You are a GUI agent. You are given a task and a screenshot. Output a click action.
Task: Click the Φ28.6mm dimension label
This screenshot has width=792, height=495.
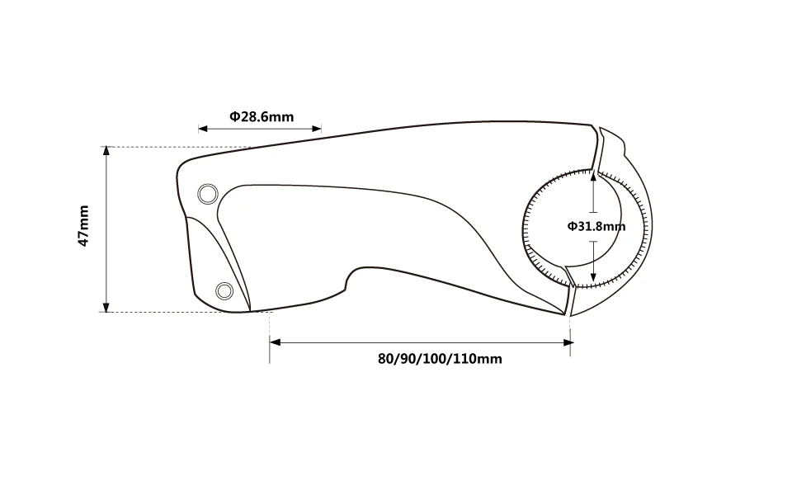[x=262, y=116]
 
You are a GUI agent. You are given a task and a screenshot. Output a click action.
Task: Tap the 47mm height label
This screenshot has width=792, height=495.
[x=83, y=226]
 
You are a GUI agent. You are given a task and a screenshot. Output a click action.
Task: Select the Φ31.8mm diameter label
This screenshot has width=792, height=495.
[x=596, y=226]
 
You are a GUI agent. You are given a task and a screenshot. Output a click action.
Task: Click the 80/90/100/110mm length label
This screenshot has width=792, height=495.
[x=440, y=359]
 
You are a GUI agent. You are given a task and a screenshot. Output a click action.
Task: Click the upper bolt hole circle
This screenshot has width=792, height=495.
[x=208, y=194]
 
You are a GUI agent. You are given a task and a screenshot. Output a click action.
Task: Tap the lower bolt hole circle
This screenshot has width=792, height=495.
[x=224, y=291]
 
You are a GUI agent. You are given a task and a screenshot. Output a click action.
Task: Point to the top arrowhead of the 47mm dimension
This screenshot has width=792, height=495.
[x=106, y=152]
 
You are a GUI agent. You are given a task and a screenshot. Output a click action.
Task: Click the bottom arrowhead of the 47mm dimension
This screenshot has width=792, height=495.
[x=106, y=307]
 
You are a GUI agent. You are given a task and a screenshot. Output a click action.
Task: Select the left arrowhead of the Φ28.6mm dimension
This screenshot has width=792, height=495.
[x=203, y=129]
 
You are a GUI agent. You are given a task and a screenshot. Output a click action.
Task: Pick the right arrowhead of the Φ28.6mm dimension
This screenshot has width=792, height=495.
[x=317, y=129]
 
